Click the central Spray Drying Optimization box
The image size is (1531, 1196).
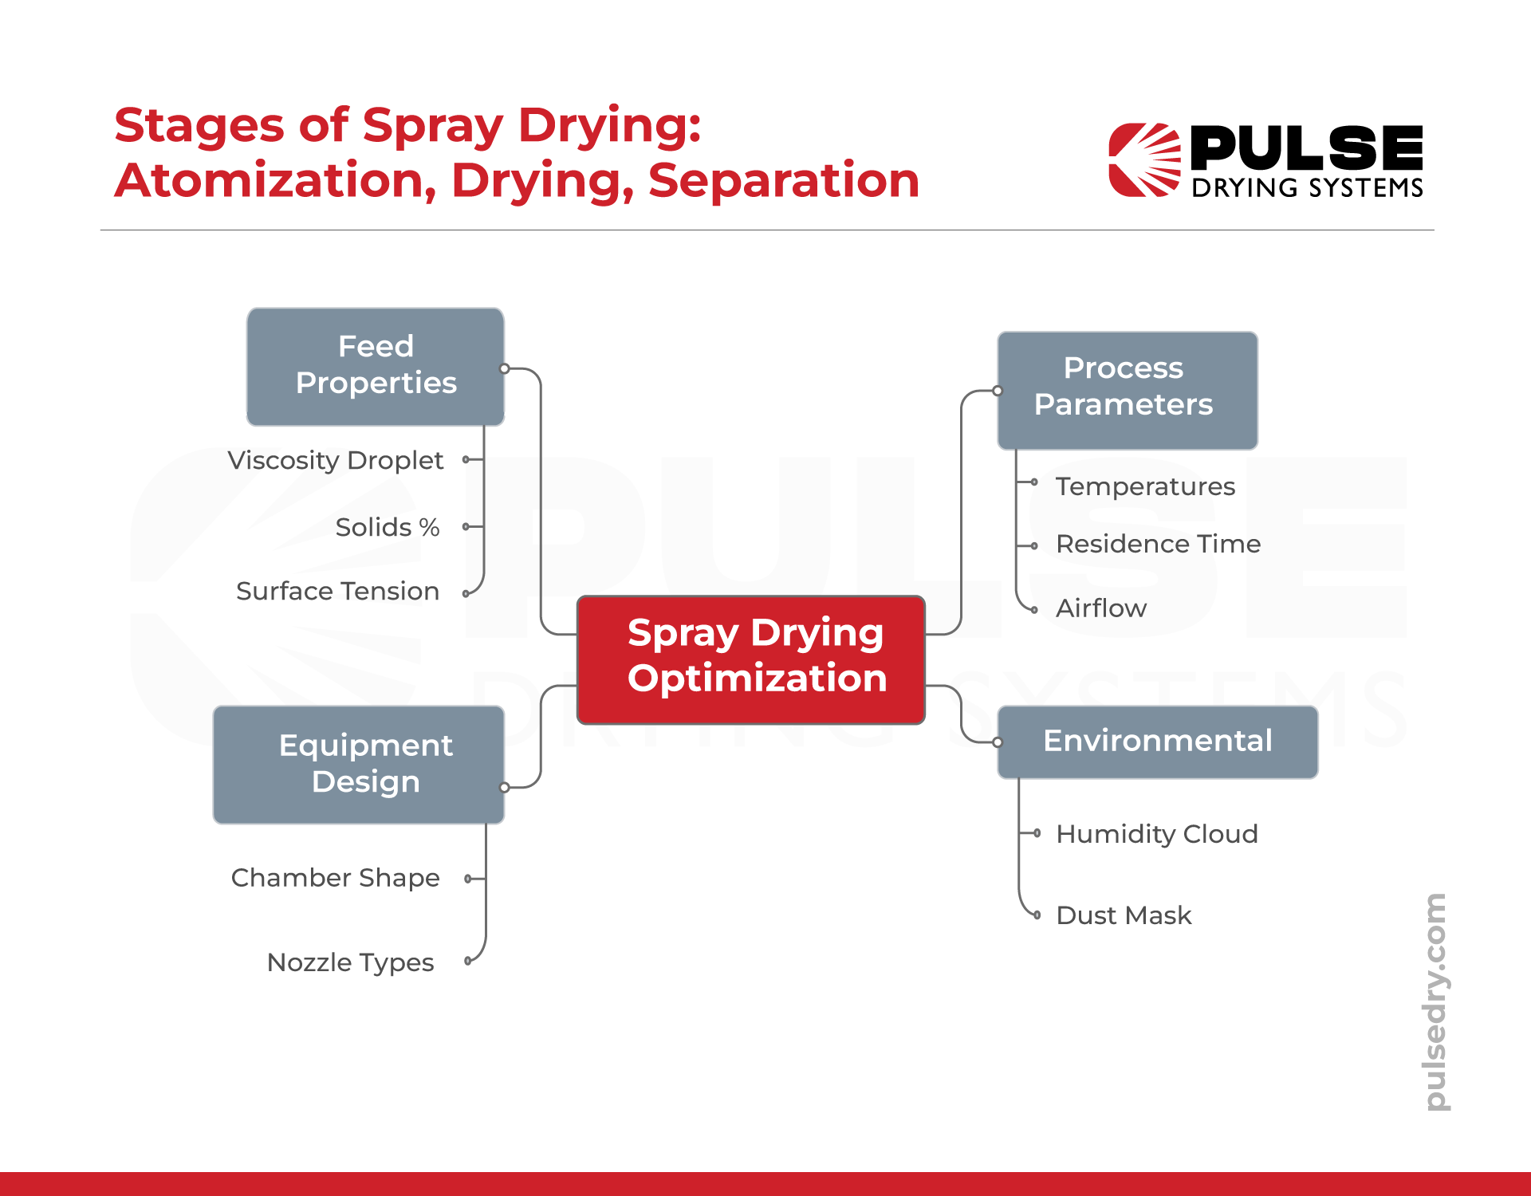[x=750, y=659]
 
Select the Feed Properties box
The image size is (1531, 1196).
[x=376, y=366]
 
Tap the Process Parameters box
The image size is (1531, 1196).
[x=1127, y=390]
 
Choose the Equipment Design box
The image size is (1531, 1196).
[x=359, y=764]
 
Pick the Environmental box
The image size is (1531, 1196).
[x=1157, y=742]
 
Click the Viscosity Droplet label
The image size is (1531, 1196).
[x=335, y=461]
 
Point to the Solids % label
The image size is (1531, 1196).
[x=388, y=527]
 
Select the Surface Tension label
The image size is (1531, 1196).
[x=337, y=592]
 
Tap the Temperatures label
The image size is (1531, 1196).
[x=1145, y=486]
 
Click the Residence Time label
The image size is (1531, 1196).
[x=1158, y=545]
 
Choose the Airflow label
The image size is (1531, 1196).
[x=1101, y=608]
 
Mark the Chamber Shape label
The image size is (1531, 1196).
[x=335, y=878]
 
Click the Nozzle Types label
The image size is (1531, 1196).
[x=350, y=962]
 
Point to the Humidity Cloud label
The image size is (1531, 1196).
[x=1156, y=834]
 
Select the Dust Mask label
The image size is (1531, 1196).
[x=1124, y=915]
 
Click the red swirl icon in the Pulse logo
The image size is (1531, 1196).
[x=1143, y=159]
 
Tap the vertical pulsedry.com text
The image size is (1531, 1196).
[x=1436, y=1001]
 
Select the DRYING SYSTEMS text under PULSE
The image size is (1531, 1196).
[x=1307, y=188]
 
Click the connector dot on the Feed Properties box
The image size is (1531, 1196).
[x=504, y=368]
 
